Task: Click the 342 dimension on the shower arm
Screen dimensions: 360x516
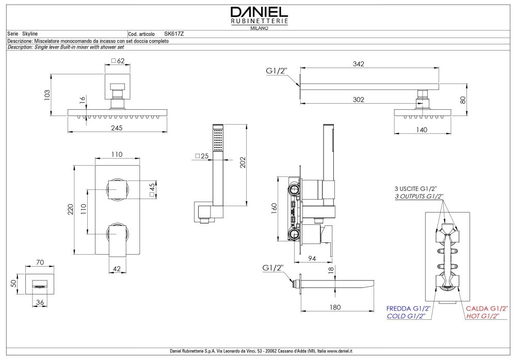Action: (359, 64)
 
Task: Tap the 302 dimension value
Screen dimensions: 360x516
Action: (359, 100)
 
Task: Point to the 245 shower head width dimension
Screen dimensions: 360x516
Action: (117, 128)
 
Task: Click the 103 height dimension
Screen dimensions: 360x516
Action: (47, 95)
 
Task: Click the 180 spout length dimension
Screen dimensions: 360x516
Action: (335, 307)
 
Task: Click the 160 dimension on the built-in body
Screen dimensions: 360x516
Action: (275, 207)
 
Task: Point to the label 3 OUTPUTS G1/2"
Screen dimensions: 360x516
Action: (419, 197)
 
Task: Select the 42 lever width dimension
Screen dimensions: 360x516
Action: (117, 268)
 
